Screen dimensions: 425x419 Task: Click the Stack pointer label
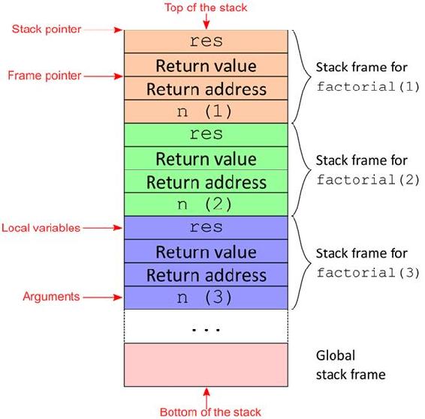pyautogui.click(x=47, y=29)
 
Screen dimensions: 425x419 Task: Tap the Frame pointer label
pyautogui.click(x=44, y=76)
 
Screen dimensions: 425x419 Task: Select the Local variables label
pyautogui.click(x=41, y=228)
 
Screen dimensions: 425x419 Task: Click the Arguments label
pyautogui.click(x=51, y=297)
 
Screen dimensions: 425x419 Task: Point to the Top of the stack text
pyautogui.click(x=206, y=7)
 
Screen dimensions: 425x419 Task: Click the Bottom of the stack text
pyautogui.click(x=210, y=412)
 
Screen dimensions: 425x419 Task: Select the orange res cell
pyautogui.click(x=206, y=42)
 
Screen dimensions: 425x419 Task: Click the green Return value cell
pyautogui.click(x=206, y=158)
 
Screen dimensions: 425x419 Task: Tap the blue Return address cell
pyautogui.click(x=206, y=274)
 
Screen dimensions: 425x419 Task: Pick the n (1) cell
pyautogui.click(x=206, y=112)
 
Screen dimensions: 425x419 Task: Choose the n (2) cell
pyautogui.click(x=206, y=205)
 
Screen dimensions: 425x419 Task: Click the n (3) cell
pyautogui.click(x=206, y=298)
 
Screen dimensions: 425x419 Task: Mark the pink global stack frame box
pyautogui.click(x=206, y=365)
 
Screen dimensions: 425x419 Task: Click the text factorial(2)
pyautogui.click(x=368, y=180)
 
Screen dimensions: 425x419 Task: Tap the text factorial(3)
pyautogui.click(x=368, y=273)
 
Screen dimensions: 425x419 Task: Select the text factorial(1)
pyautogui.click(x=368, y=86)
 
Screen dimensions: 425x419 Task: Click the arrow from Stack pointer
pyautogui.click(x=103, y=30)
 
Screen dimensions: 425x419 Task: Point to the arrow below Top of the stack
pyautogui.click(x=206, y=21)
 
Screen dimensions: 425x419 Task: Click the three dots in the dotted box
pyautogui.click(x=206, y=330)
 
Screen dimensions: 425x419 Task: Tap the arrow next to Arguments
pyautogui.click(x=103, y=298)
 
